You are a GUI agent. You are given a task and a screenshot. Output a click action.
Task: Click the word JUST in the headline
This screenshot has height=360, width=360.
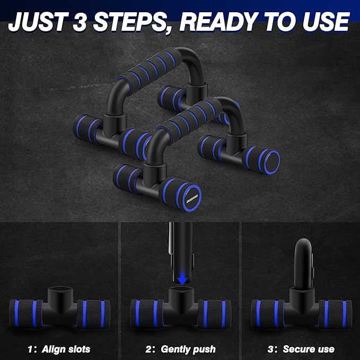coord(38,21)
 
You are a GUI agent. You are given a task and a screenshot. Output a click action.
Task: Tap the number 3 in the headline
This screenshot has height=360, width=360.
coord(80,21)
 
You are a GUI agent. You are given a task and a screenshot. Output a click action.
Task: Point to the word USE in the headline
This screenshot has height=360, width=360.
coord(326,21)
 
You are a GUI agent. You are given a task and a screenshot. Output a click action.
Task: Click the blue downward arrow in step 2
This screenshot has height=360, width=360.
coord(183,278)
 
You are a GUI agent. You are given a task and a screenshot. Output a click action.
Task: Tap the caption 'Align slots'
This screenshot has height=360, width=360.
coord(66,349)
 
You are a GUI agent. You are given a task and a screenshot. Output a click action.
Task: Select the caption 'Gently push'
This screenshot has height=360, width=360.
coord(188,349)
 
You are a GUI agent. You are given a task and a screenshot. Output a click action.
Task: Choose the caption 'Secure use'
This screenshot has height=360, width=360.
coord(309,349)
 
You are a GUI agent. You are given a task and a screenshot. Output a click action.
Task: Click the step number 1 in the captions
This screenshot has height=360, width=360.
coord(30,349)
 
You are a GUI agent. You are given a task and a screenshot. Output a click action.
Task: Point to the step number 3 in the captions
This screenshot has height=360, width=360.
coord(271,349)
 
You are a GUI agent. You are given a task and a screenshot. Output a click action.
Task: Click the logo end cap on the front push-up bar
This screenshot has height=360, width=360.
coord(192,197)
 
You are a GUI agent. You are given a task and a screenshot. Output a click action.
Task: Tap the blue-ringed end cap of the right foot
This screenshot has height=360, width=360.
coord(272,162)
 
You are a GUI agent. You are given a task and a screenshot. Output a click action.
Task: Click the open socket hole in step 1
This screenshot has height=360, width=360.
coord(60,289)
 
